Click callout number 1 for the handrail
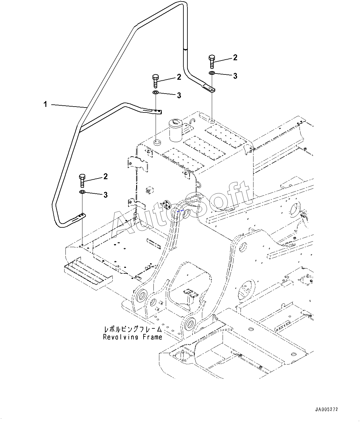[45, 104]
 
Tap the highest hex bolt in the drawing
[212, 62]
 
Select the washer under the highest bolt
[212, 73]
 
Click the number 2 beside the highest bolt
[235, 57]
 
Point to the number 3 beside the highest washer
[235, 76]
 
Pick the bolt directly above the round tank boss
[156, 81]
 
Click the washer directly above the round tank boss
[156, 92]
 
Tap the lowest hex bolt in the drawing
[82, 181]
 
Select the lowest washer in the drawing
[82, 192]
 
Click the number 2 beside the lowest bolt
[105, 176]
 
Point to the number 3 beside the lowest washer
[105, 195]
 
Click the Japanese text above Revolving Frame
[133, 329]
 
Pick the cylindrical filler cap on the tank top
[175, 130]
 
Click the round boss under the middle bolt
[157, 142]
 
